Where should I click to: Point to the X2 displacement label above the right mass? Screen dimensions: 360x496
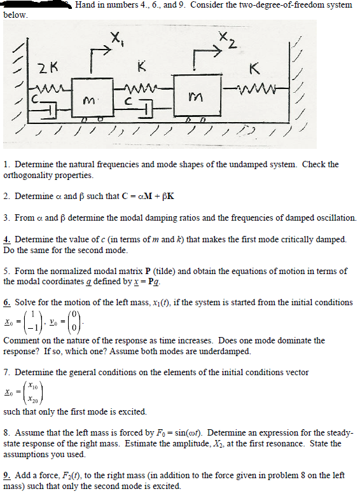point(227,41)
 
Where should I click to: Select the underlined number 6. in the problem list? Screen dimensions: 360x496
point(7,302)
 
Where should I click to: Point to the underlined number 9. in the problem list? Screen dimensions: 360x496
point(7,474)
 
